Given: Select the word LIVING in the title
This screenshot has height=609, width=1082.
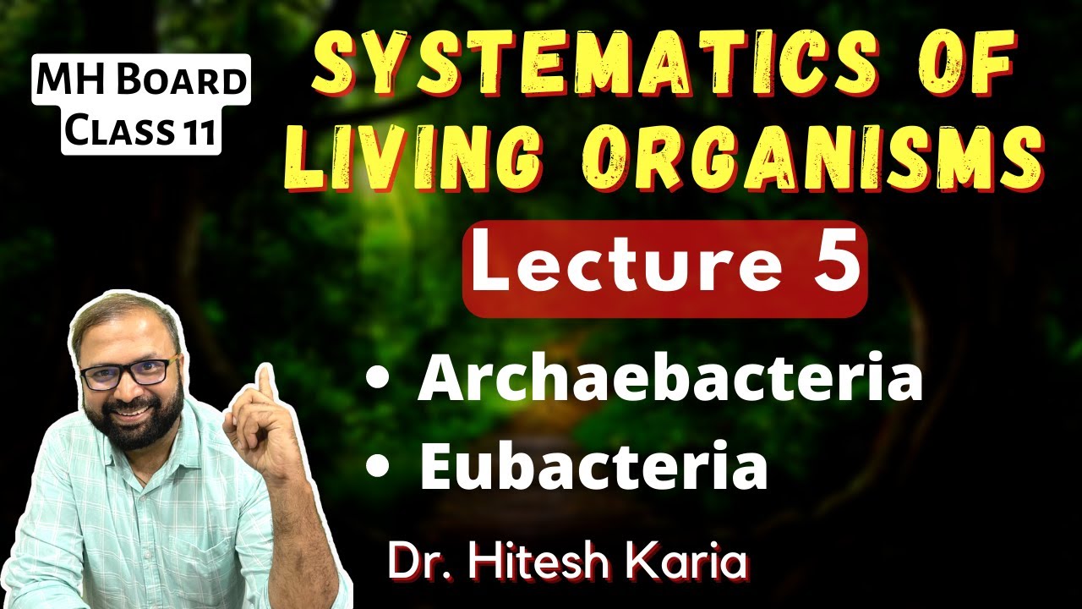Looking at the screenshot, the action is [416, 154].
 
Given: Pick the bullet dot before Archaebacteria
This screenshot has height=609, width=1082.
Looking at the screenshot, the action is [377, 381].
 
